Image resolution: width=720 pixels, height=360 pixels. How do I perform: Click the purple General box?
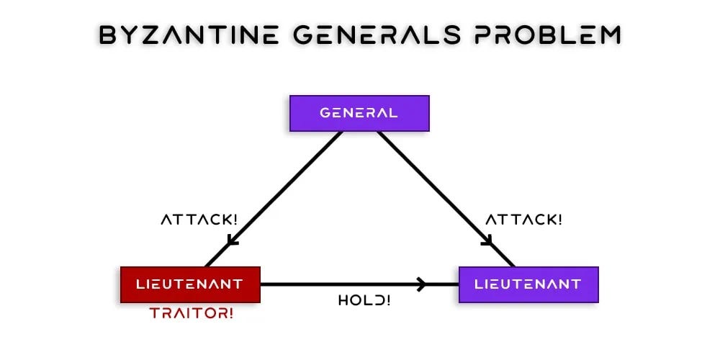tap(359, 113)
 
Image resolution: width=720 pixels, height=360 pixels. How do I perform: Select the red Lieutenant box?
tap(189, 284)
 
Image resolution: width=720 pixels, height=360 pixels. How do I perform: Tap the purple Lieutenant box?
tap(528, 284)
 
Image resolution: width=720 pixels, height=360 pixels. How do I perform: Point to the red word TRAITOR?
tap(192, 313)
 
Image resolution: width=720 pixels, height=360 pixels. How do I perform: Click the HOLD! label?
tap(364, 300)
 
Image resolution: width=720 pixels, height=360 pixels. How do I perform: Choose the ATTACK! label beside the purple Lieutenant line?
tap(523, 220)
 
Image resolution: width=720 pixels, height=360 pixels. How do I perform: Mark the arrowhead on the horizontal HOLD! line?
tap(422, 284)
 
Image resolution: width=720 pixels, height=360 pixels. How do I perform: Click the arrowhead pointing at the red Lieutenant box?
tap(232, 240)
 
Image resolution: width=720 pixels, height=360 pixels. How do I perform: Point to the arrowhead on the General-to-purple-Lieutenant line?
tap(487, 240)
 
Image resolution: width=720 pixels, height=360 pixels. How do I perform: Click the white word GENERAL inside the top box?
tap(359, 113)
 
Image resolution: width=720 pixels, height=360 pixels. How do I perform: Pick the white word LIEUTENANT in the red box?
tap(189, 284)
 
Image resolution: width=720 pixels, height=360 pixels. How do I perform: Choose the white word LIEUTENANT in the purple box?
tap(528, 284)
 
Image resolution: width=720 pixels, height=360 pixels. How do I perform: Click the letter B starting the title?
tap(108, 35)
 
